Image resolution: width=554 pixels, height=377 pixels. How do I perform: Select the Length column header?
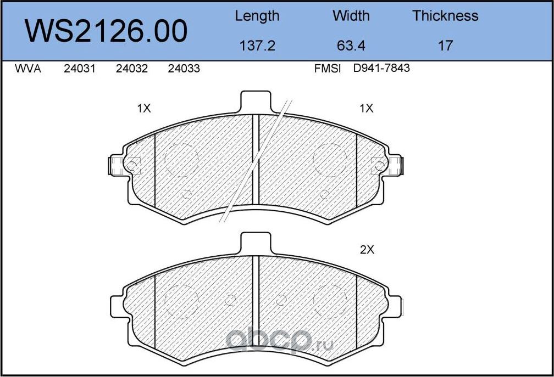click(257, 16)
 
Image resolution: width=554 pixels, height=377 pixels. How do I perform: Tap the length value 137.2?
click(257, 46)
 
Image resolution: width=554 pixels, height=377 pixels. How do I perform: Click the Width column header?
click(351, 16)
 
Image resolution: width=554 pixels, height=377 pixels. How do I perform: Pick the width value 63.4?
click(351, 46)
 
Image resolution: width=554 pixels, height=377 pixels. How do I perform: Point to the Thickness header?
click(445, 16)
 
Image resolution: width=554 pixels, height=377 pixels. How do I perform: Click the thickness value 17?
click(445, 46)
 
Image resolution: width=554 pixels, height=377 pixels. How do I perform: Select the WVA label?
click(28, 69)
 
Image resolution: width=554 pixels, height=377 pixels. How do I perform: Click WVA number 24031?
click(80, 69)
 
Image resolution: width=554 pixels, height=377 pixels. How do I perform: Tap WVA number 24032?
click(132, 69)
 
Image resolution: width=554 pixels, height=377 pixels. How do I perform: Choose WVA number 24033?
click(184, 69)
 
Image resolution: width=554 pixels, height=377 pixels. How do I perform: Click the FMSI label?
click(328, 69)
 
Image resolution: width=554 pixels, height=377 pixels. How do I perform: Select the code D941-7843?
click(382, 69)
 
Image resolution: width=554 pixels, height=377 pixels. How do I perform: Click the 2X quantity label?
click(367, 250)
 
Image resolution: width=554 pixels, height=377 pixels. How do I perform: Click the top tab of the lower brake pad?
click(256, 243)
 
